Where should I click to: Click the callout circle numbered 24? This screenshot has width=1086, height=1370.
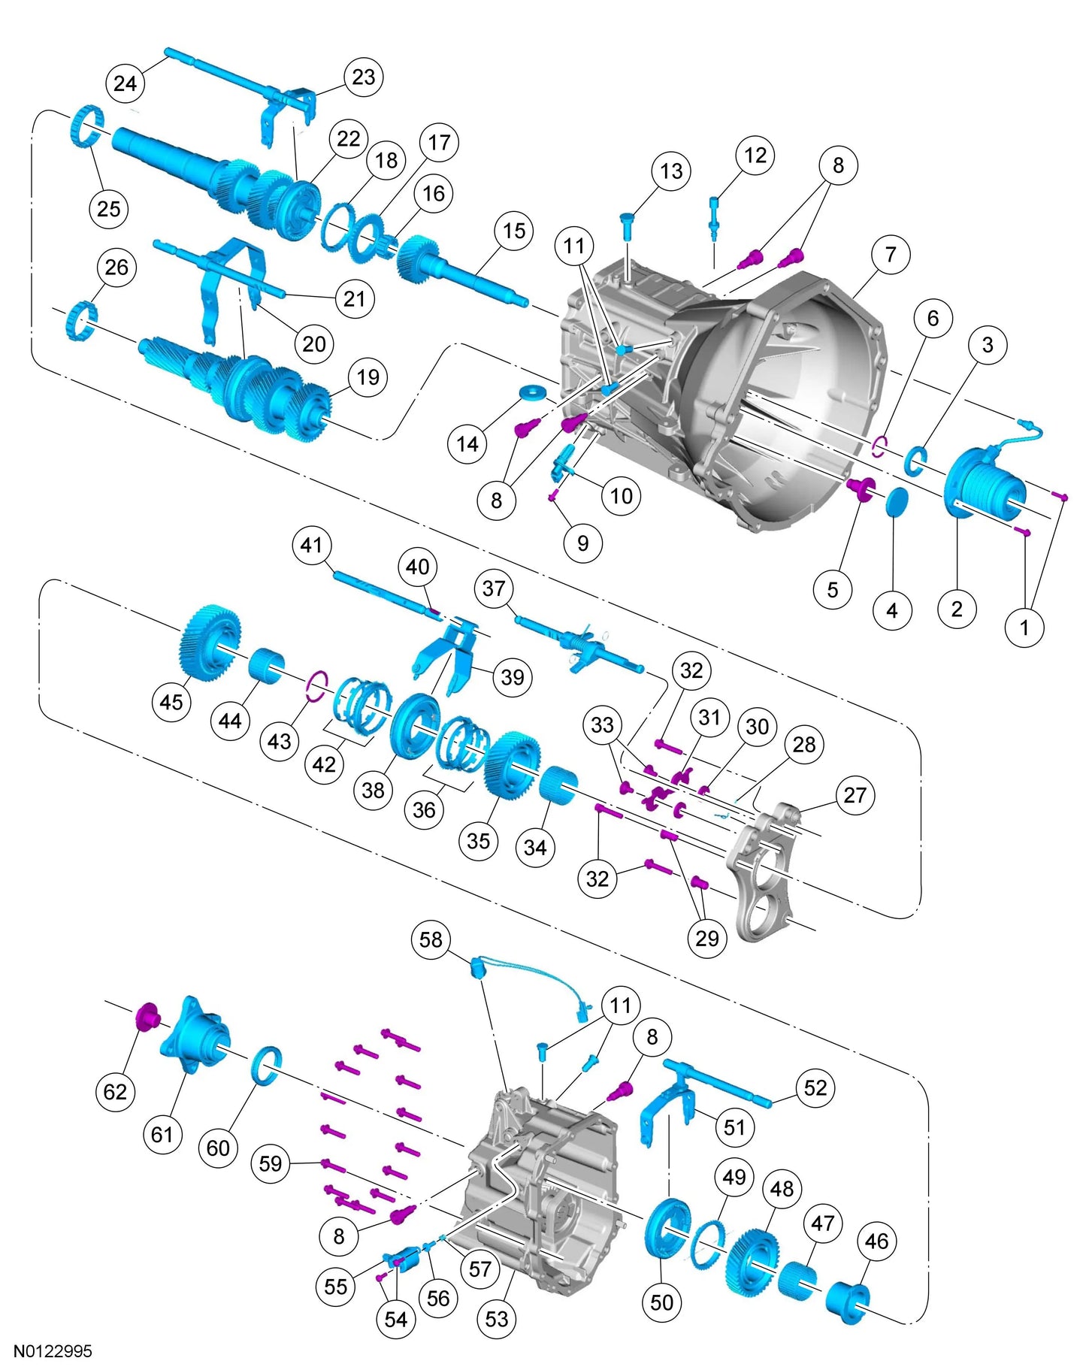(x=125, y=83)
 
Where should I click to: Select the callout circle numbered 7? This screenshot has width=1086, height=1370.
(x=891, y=254)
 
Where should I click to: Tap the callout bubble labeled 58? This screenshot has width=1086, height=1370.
(x=431, y=939)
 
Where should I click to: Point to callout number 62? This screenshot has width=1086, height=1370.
(x=115, y=1091)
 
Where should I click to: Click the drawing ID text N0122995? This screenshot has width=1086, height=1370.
(x=53, y=1350)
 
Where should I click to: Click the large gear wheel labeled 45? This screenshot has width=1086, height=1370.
(x=210, y=643)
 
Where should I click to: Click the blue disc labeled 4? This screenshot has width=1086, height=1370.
(x=895, y=501)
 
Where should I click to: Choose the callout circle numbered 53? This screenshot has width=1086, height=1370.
(x=497, y=1318)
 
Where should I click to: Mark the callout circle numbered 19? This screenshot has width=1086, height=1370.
(x=368, y=377)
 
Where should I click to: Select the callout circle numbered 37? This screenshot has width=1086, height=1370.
(x=494, y=588)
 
